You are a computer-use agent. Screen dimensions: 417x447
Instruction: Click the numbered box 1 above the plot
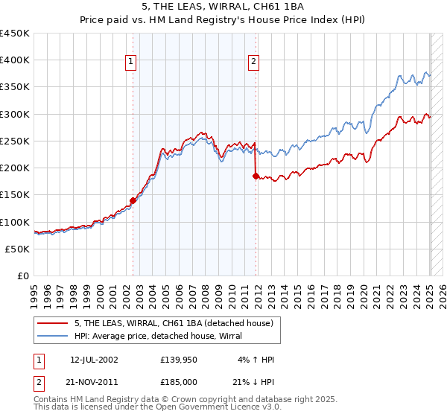point(131,63)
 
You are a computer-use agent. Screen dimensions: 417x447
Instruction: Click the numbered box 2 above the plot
point(254,63)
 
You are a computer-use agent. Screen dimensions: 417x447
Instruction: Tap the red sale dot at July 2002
point(133,200)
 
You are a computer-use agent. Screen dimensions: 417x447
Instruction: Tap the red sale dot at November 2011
point(256,176)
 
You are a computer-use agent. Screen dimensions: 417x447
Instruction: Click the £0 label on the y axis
point(23,276)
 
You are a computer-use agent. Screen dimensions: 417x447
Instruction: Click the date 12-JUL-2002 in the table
point(94,360)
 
